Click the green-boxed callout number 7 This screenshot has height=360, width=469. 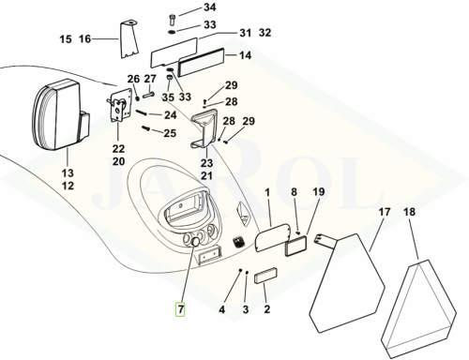[180, 309]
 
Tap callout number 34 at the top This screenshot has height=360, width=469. [210, 7]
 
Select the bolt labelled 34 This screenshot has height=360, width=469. [173, 20]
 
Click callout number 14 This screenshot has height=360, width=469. [245, 55]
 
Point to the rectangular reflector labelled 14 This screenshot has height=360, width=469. [201, 62]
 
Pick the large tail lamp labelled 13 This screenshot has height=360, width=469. [61, 113]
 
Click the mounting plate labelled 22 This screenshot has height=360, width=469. [120, 106]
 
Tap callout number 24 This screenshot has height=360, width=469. [171, 115]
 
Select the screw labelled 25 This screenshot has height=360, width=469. [146, 127]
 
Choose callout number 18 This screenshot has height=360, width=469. [409, 212]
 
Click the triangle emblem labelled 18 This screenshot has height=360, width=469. [417, 309]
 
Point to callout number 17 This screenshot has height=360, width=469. [385, 212]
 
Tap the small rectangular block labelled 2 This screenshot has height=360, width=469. [265, 275]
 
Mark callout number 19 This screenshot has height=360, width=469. [319, 191]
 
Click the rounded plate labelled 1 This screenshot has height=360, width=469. [272, 237]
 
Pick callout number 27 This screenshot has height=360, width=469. [150, 79]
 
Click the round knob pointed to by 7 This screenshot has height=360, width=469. [195, 241]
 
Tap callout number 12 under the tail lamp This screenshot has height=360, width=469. [68, 186]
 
